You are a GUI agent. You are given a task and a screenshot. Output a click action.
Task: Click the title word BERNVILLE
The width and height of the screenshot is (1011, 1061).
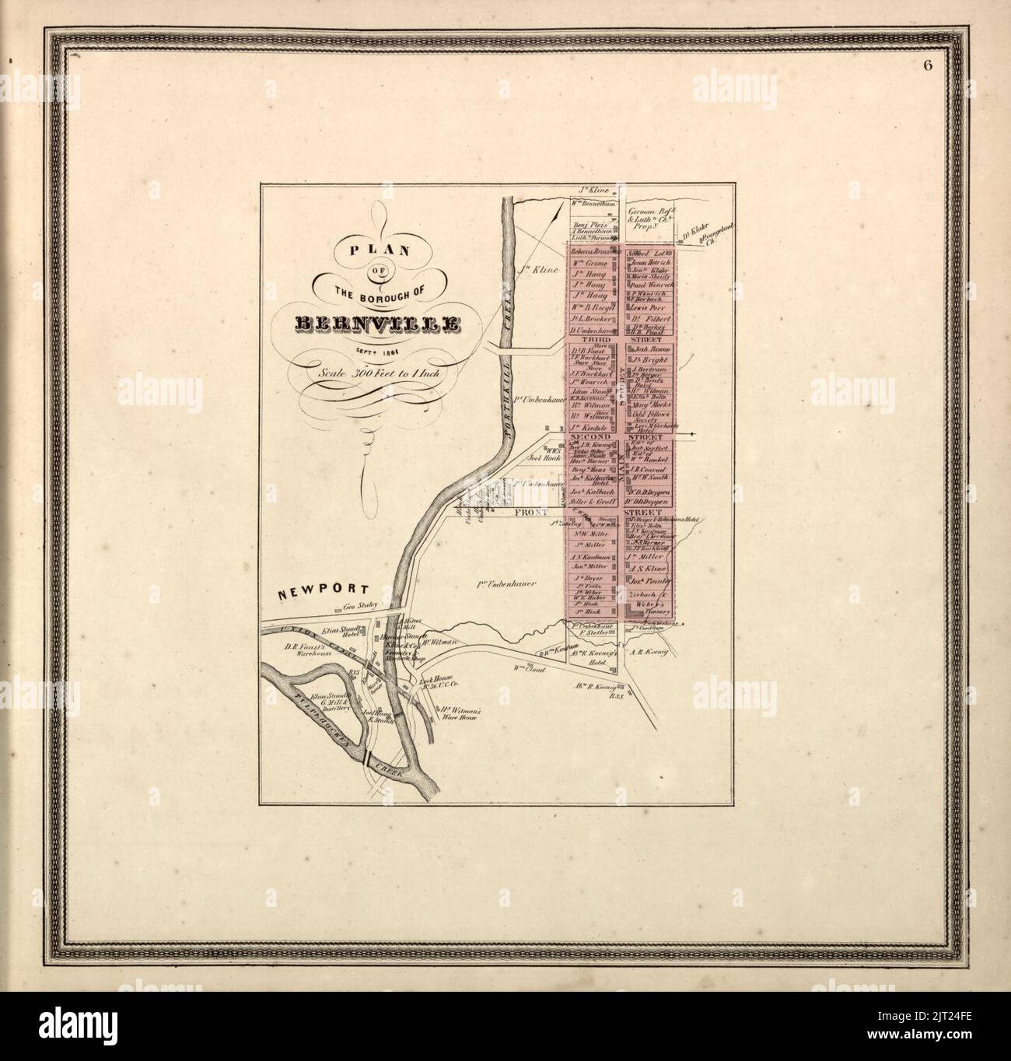tap(377, 324)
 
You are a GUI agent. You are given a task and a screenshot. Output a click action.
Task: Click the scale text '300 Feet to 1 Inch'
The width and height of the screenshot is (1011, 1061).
tap(379, 373)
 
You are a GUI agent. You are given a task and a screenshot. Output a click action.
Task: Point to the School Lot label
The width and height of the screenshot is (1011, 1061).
tap(647, 254)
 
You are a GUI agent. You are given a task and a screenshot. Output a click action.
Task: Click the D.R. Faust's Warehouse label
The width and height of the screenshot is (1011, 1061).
tap(306, 650)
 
